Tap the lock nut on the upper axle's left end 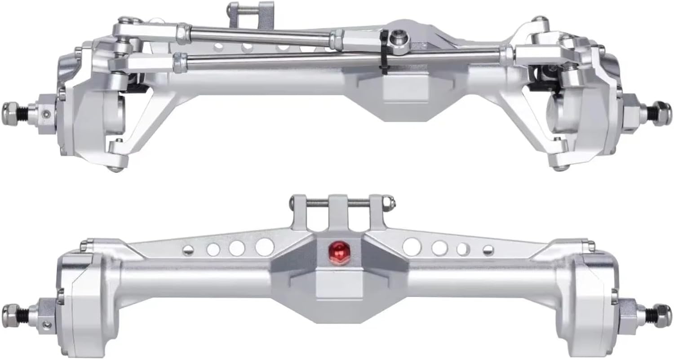coord(11,109)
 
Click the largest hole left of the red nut coord(265,247)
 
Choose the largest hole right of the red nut coord(412,247)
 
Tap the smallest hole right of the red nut coord(488,250)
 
